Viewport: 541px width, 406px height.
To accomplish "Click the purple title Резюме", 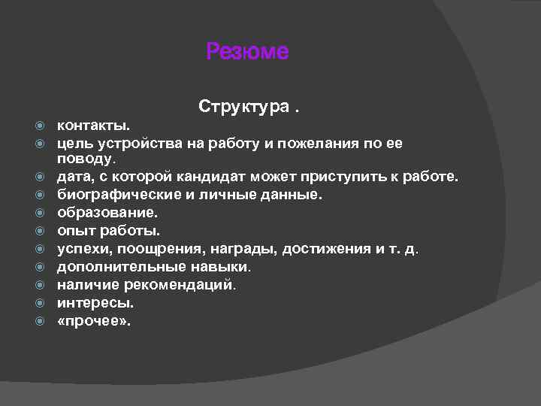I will [x=247, y=52].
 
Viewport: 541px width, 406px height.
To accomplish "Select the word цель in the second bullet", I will [x=75, y=141].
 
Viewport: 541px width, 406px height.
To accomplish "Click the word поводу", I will [x=86, y=159].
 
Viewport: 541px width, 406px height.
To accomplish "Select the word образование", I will [x=107, y=213].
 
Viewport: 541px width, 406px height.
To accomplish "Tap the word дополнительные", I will [x=116, y=267].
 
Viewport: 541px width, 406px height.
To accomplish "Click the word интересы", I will [x=95, y=303].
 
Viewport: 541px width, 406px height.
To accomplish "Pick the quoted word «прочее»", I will [x=94, y=321].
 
